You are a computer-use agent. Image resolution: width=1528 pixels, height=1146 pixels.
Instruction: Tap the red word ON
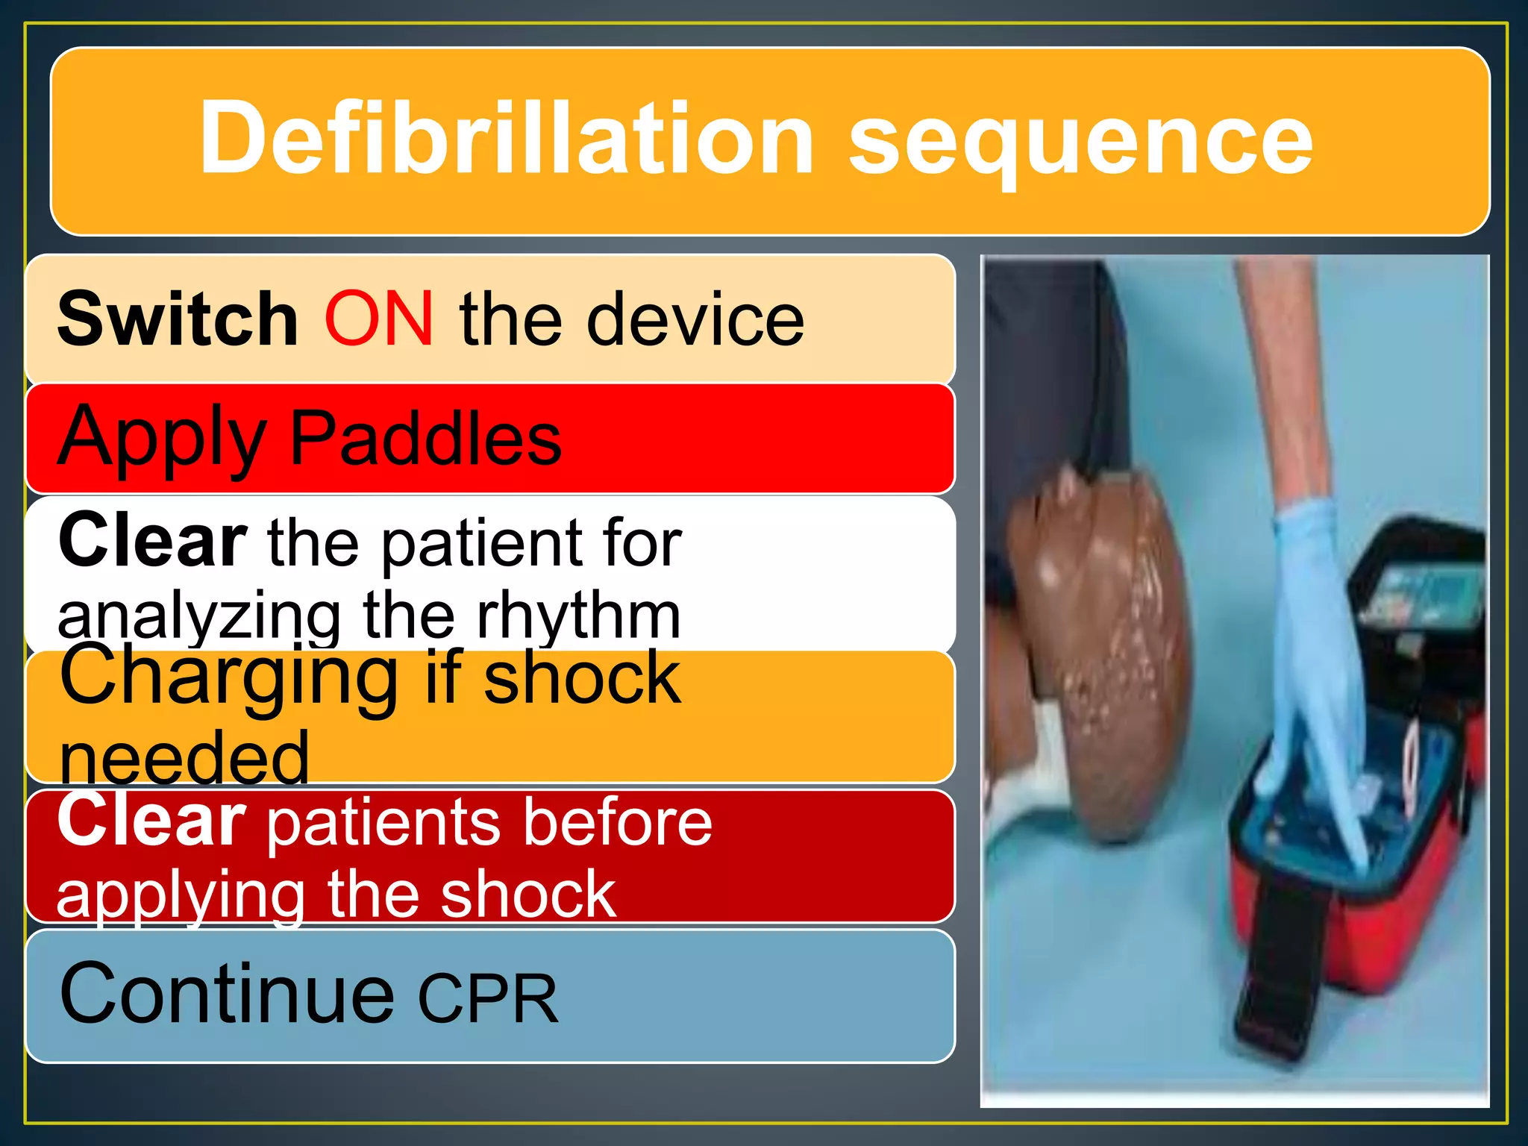378,319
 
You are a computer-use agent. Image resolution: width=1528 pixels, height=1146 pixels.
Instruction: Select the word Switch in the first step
178,319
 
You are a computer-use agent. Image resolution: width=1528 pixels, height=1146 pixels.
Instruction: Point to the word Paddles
425,439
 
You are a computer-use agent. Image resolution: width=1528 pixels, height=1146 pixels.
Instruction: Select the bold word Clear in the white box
152,540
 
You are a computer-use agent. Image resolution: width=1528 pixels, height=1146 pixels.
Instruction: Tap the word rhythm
578,616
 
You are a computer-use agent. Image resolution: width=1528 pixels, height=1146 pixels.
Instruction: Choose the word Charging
228,677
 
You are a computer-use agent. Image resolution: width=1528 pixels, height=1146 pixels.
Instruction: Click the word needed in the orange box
184,758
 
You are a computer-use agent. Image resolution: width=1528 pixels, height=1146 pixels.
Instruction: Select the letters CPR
488,998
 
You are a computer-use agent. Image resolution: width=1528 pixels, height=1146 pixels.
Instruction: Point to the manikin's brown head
1104,642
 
